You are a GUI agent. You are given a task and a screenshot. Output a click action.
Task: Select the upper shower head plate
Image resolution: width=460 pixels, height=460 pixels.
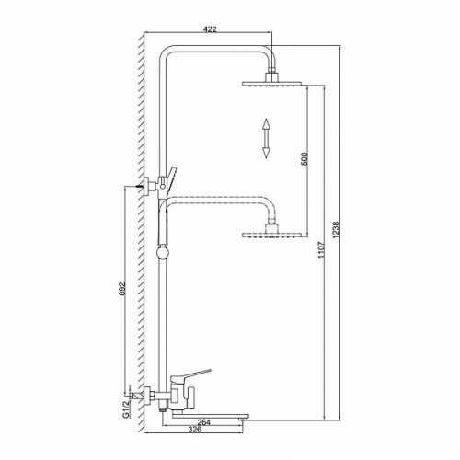click(x=274, y=82)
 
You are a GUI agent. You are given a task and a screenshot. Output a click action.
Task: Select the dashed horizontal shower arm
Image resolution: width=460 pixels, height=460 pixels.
click(x=221, y=197)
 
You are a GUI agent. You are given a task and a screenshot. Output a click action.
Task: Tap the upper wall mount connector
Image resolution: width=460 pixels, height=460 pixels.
click(x=146, y=185)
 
